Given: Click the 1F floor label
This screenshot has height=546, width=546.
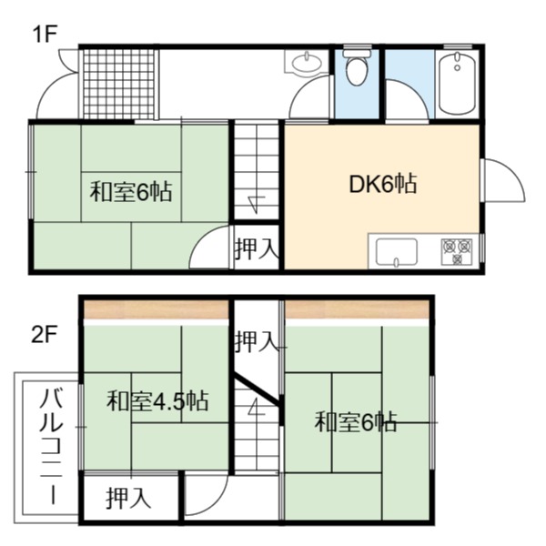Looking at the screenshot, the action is [45, 35].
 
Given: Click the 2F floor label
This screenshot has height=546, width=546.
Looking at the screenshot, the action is [45, 334].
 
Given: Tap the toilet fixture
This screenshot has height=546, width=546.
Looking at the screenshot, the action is [357, 66].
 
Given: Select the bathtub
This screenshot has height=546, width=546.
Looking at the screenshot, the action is [457, 83].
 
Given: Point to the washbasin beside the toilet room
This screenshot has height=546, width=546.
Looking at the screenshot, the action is [306, 62].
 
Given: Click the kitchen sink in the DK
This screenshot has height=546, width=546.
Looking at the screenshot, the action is [397, 252].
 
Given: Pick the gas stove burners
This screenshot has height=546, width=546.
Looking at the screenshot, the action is [457, 251].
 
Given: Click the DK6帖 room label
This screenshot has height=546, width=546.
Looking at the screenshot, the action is [383, 185].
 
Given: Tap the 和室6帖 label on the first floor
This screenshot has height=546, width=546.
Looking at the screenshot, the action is [131, 192].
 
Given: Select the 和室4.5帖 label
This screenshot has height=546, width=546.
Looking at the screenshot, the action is [157, 401].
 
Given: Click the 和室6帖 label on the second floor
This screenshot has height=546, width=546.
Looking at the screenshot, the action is [355, 421].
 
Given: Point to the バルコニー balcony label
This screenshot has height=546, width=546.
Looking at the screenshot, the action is [52, 447].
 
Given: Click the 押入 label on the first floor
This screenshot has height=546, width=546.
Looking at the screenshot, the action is [257, 248].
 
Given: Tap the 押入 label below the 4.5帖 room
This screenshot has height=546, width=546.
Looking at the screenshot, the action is [128, 499].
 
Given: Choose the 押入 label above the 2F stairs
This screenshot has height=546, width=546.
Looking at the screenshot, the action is [257, 341].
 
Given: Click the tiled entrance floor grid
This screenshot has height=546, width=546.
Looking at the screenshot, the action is [118, 84].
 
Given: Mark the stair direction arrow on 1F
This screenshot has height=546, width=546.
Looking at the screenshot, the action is [257, 204].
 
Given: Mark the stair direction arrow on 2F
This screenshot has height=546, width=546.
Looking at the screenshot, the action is [257, 408].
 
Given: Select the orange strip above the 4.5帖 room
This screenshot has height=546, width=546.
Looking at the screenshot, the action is [157, 309].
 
